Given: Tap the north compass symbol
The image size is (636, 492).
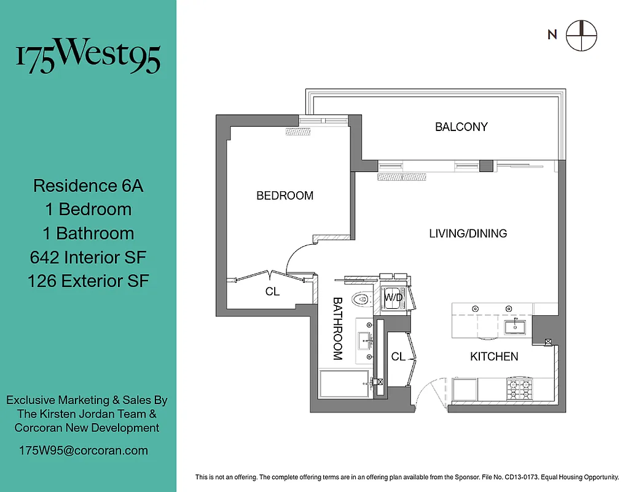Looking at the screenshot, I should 581,35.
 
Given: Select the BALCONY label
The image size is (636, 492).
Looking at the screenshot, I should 461,127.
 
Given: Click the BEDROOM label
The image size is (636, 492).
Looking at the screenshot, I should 285,196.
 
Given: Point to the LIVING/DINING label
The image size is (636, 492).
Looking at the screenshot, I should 468,233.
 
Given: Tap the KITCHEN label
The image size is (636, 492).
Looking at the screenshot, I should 493,357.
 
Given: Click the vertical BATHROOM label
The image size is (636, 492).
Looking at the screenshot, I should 337,328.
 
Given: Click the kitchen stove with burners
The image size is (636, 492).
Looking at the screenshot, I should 519,389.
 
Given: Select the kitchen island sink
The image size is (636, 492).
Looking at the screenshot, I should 515,327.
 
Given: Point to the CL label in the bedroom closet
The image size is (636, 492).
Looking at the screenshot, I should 272,292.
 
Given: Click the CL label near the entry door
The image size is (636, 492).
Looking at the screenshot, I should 398,357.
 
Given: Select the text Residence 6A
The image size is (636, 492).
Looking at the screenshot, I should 88,185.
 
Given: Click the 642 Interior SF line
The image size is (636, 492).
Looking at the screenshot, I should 88,257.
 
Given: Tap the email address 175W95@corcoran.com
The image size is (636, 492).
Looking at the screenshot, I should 84,450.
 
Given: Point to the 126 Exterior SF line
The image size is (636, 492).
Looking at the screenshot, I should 88,281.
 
